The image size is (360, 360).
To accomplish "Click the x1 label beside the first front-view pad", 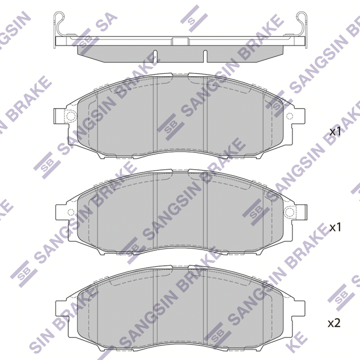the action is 335,132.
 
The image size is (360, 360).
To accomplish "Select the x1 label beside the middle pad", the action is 335,228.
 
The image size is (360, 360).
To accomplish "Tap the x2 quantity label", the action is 334,324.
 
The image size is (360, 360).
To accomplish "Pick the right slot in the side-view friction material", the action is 205,56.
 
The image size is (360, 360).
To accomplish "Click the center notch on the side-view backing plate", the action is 180,41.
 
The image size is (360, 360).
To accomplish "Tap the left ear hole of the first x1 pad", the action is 71,116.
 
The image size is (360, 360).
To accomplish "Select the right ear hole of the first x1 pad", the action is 290,116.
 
